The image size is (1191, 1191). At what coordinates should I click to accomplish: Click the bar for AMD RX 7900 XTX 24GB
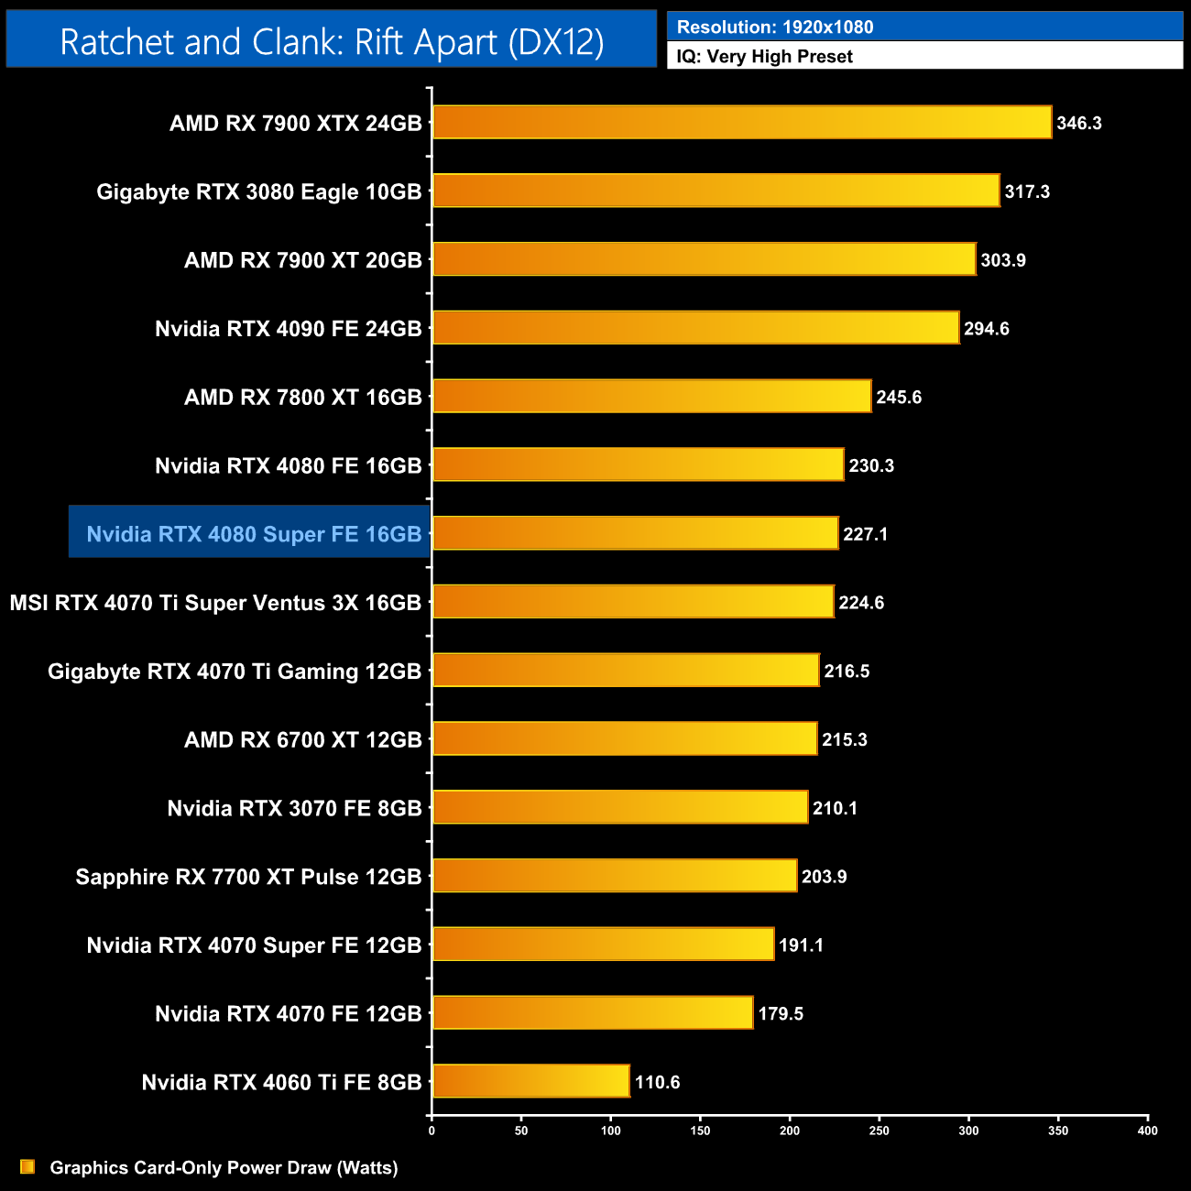pyautogui.click(x=742, y=123)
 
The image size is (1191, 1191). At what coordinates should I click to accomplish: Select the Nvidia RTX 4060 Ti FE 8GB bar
pyautogui.click(x=531, y=1081)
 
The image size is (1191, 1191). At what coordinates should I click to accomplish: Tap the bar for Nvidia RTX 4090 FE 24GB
pyautogui.click(x=696, y=328)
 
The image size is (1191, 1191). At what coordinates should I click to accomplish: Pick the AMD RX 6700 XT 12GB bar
pyautogui.click(x=625, y=738)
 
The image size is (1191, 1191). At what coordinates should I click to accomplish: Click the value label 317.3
pyautogui.click(x=1027, y=191)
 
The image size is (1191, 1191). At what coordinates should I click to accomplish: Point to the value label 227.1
pyautogui.click(x=865, y=534)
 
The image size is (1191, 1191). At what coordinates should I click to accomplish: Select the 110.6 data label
pyautogui.click(x=657, y=1082)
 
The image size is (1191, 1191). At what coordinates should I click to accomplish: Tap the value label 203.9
pyautogui.click(x=824, y=877)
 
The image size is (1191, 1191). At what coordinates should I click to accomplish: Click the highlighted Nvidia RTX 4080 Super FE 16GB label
pyautogui.click(x=254, y=534)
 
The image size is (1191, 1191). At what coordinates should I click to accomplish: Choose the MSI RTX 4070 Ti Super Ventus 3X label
pyautogui.click(x=215, y=603)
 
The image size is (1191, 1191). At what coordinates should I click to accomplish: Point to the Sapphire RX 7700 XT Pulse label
pyautogui.click(x=248, y=877)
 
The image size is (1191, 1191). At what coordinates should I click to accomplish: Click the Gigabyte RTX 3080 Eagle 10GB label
pyautogui.click(x=259, y=191)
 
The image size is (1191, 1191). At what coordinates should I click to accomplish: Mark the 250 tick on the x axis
pyautogui.click(x=880, y=1131)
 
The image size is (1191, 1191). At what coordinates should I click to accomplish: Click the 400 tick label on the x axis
pyautogui.click(x=1147, y=1131)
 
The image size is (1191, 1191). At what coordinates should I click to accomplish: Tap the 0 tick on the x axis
pyautogui.click(x=432, y=1131)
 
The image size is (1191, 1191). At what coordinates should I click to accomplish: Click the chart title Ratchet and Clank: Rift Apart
pyautogui.click(x=332, y=42)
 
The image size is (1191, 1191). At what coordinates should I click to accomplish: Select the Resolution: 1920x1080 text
pyautogui.click(x=775, y=27)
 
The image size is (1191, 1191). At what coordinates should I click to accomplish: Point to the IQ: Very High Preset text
pyautogui.click(x=764, y=57)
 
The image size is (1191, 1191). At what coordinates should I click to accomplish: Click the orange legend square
pyautogui.click(x=27, y=1167)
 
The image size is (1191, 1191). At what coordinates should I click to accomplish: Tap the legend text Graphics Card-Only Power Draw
pyautogui.click(x=224, y=1167)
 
